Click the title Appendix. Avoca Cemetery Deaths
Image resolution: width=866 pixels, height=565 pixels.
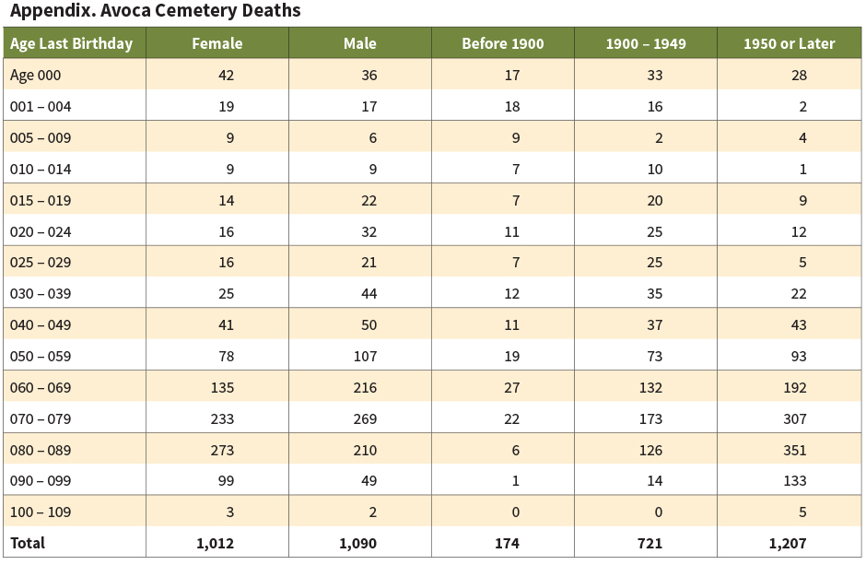point(155,12)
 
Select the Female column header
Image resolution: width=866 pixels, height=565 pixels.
point(216,43)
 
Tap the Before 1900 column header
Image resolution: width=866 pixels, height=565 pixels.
point(503,43)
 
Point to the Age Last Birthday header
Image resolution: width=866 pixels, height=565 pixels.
point(72,43)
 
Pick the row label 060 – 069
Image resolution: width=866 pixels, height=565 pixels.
point(41,387)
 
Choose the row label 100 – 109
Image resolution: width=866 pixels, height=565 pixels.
point(41,512)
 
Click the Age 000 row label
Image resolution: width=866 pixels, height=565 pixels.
point(36,76)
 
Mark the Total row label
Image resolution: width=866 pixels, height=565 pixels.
point(28,543)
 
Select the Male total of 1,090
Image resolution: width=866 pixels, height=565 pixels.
point(357,543)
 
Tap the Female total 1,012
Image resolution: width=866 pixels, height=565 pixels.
point(215,543)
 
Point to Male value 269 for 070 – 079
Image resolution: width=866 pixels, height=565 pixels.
point(364,418)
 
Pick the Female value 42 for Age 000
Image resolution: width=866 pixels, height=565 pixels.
point(225,76)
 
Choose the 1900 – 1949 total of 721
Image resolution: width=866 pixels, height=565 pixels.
point(650,543)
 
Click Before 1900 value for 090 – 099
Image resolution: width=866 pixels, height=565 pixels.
point(515,480)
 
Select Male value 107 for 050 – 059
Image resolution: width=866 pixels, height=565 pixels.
point(364,356)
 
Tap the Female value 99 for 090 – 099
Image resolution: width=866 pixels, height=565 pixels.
point(225,480)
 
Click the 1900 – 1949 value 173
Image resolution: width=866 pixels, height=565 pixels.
point(650,418)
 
